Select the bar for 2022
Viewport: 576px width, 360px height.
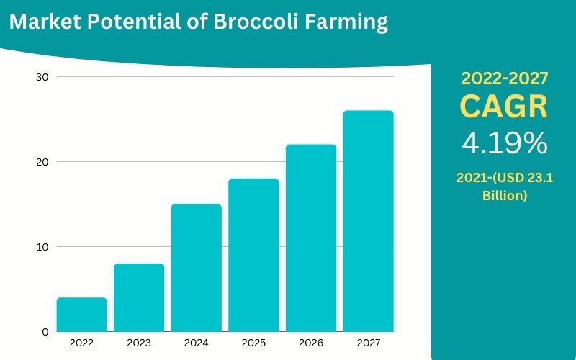pyautogui.click(x=81, y=315)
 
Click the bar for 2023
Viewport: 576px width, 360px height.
pyautogui.click(x=139, y=297)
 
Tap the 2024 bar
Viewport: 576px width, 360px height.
pyautogui.click(x=196, y=268)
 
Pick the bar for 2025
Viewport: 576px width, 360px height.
pyautogui.click(x=253, y=255)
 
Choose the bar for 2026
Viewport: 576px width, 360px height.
pyautogui.click(x=311, y=238)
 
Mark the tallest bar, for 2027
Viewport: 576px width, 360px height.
pyautogui.click(x=368, y=221)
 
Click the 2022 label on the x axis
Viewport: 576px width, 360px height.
pyautogui.click(x=81, y=343)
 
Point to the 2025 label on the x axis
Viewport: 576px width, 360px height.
pyautogui.click(x=253, y=343)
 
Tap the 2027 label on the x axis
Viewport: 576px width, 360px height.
pyautogui.click(x=368, y=343)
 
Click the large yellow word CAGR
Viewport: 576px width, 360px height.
pyautogui.click(x=504, y=107)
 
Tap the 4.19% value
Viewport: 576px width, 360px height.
pyautogui.click(x=504, y=144)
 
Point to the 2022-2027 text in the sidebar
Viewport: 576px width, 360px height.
pyautogui.click(x=504, y=78)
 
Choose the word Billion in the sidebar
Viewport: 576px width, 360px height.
pyautogui.click(x=504, y=195)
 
